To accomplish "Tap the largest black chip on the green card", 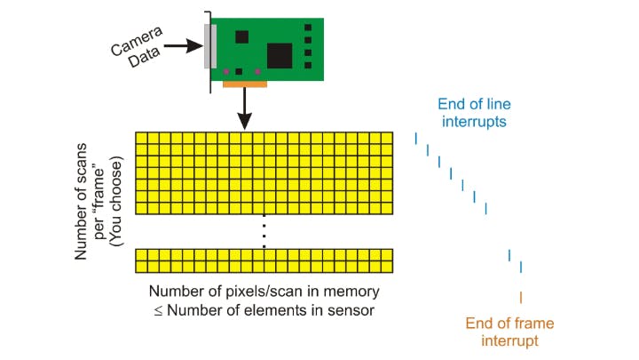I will pyautogui.click(x=280, y=55).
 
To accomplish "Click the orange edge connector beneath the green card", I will pyautogui.click(x=246, y=85).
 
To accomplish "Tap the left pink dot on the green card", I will pyautogui.click(x=227, y=71).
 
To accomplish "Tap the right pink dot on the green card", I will pyautogui.click(x=258, y=71).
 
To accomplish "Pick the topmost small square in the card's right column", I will pyautogui.click(x=308, y=28).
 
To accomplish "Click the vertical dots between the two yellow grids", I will pyautogui.click(x=264, y=232).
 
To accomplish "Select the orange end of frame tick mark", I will pyautogui.click(x=520, y=297).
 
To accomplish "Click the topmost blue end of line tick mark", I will pyautogui.click(x=415, y=138).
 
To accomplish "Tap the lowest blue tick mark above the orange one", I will pyautogui.click(x=520, y=268).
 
